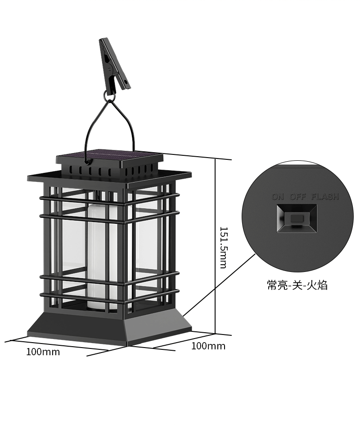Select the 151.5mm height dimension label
pos(223,248)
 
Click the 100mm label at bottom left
pos(43,352)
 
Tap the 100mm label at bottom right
pos(208,346)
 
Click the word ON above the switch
pos(278,196)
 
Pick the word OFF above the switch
pos(297,196)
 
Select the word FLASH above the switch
pos(325,196)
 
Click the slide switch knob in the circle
pos(296,218)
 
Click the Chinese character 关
pos(297,285)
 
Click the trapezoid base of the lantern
pos(109,327)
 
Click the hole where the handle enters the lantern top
pos(87,163)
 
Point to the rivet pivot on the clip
pos(110,69)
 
